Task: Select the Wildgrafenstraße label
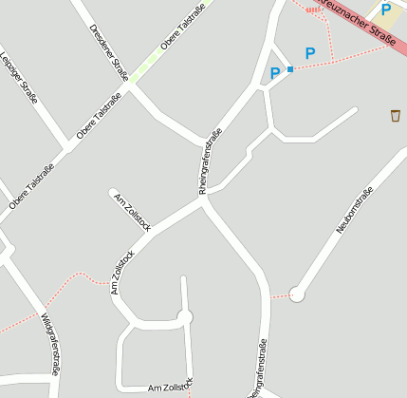point(50,343)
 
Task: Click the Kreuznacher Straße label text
point(358,21)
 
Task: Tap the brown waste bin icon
point(395,115)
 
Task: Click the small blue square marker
point(290,69)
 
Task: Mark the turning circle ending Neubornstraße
point(297,294)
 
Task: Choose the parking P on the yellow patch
point(385,9)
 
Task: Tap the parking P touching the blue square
point(276,73)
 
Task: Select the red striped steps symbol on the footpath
point(313,9)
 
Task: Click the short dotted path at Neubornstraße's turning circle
point(280,296)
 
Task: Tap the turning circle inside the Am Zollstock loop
point(185,317)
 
